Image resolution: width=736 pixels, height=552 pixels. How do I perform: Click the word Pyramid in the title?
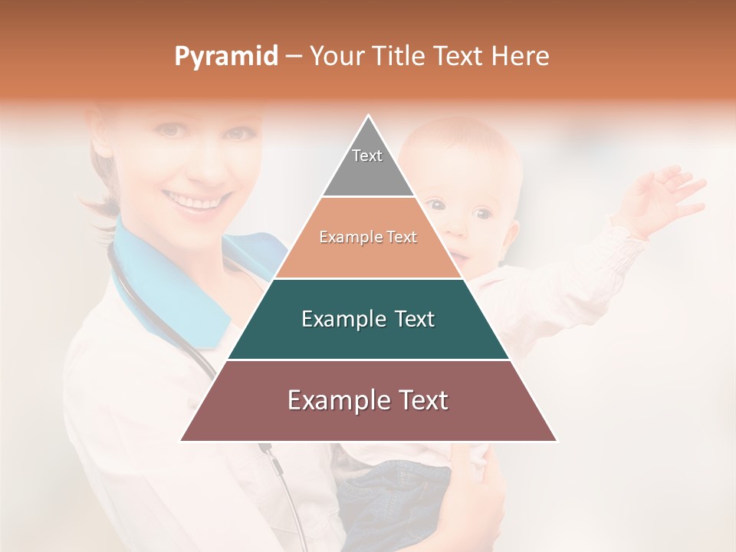click(225, 57)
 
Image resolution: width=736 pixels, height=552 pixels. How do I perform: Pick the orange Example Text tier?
click(368, 238)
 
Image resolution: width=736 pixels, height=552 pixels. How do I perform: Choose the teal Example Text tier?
click(368, 319)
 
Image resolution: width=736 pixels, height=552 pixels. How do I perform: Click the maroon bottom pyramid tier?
click(368, 401)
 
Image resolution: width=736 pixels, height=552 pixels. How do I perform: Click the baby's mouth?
click(457, 255)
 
